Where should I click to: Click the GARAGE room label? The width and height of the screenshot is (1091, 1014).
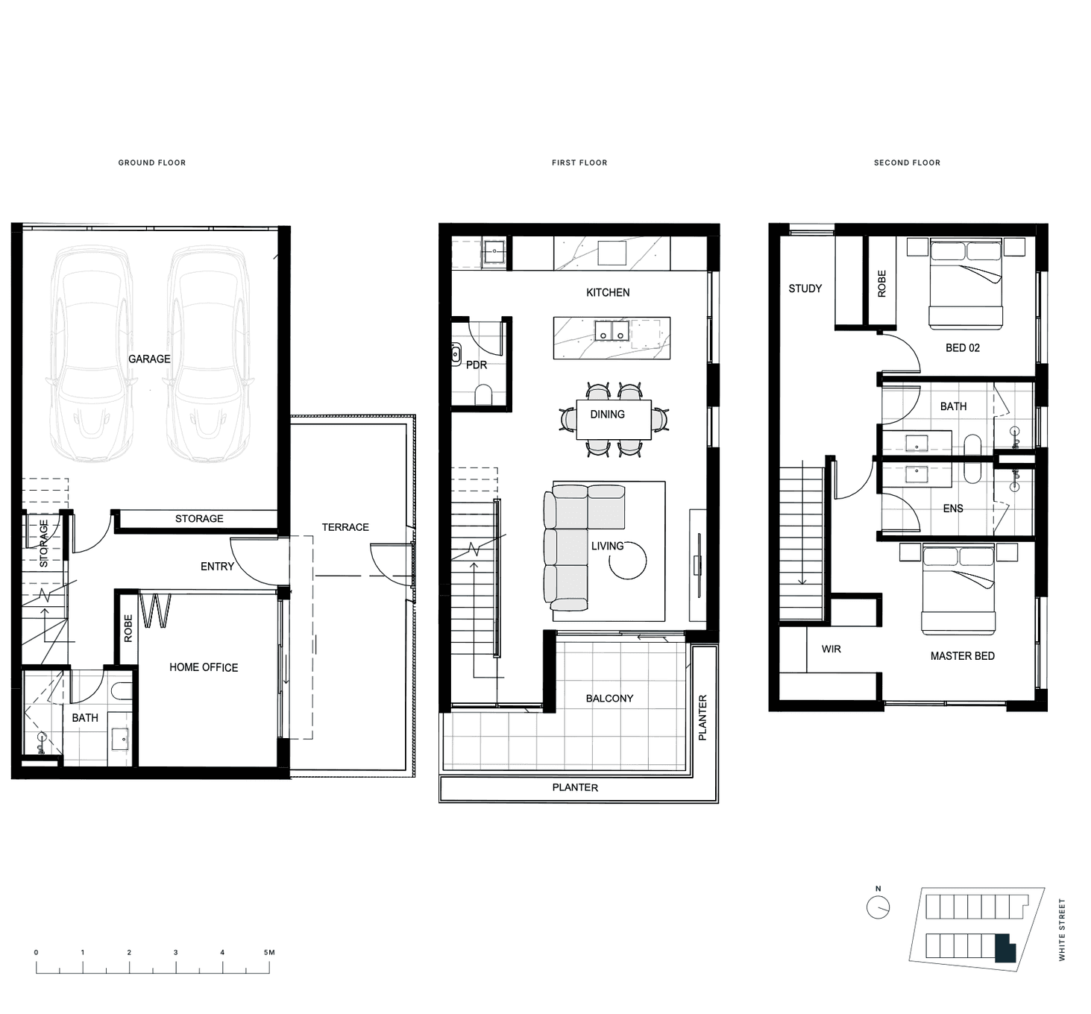pyautogui.click(x=149, y=359)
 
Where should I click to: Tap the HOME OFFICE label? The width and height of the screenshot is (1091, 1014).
pyautogui.click(x=204, y=667)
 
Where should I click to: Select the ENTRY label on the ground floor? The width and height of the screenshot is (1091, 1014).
pyautogui.click(x=218, y=567)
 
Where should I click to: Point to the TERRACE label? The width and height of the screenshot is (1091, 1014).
pyautogui.click(x=345, y=527)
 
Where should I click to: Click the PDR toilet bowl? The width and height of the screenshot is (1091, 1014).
pyautogui.click(x=483, y=394)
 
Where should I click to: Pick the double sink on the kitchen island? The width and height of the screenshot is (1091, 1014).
pyautogui.click(x=612, y=331)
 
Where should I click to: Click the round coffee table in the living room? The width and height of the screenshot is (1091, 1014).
pyautogui.click(x=627, y=561)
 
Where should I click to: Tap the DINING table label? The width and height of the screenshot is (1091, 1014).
pyautogui.click(x=608, y=414)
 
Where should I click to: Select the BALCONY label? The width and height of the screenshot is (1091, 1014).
pyautogui.click(x=610, y=698)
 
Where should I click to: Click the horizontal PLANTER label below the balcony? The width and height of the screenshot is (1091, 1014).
pyautogui.click(x=575, y=787)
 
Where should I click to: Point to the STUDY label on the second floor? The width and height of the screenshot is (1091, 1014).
pyautogui.click(x=805, y=289)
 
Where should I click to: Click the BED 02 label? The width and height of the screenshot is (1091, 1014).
pyautogui.click(x=963, y=347)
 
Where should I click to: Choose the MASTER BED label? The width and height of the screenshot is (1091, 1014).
pyautogui.click(x=963, y=656)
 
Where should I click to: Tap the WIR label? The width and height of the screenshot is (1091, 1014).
pyautogui.click(x=831, y=649)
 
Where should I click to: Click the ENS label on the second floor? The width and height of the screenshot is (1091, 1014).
pyautogui.click(x=953, y=508)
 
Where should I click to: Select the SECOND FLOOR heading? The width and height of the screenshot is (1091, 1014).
pyautogui.click(x=907, y=163)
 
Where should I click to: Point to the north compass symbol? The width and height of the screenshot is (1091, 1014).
pyautogui.click(x=878, y=908)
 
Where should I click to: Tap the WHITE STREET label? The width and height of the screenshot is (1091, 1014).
pyautogui.click(x=1062, y=930)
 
